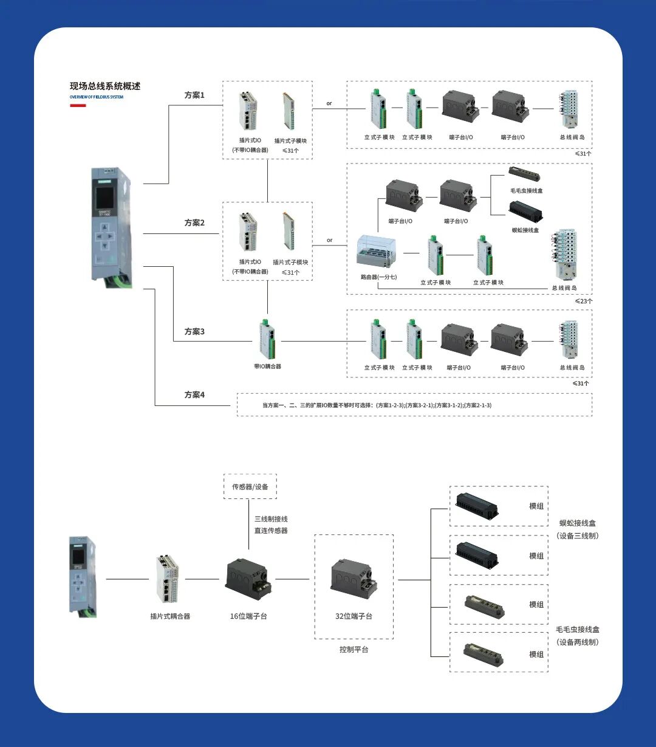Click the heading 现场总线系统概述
[105, 86]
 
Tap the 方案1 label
[194, 95]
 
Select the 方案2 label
[194, 223]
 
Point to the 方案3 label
[194, 332]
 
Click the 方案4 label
[194, 395]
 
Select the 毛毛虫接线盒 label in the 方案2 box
[527, 191]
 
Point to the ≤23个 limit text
[583, 301]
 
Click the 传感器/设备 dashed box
[250, 486]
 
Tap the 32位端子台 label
[354, 616]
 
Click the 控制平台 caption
[354, 650]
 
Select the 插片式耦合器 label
[170, 616]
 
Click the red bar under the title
[78, 106]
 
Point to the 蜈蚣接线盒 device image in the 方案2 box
[525, 212]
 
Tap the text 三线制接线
[271, 519]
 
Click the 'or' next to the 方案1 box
[329, 103]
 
